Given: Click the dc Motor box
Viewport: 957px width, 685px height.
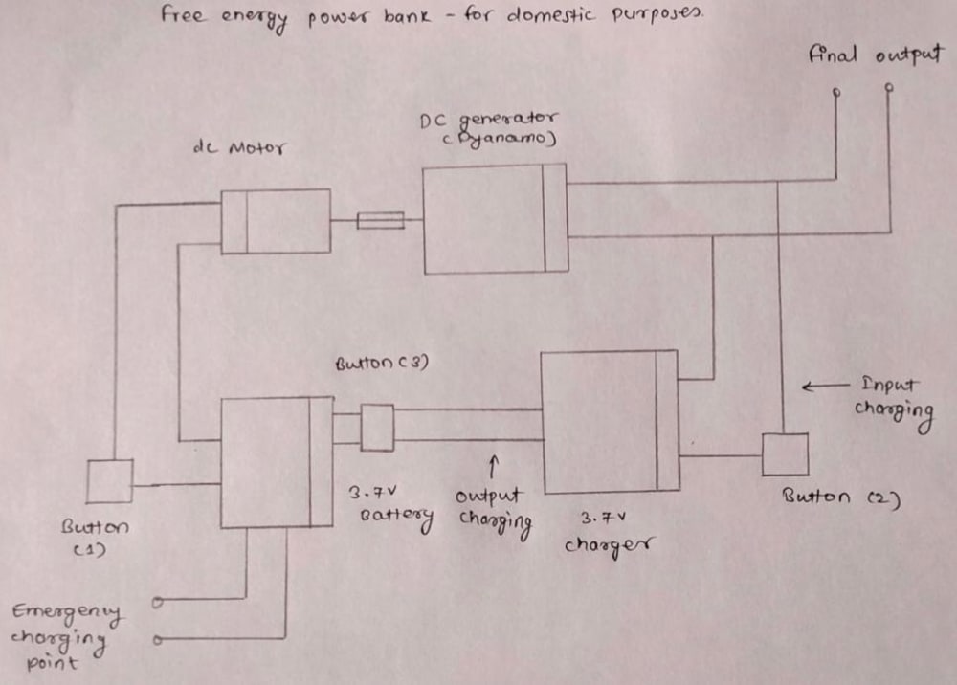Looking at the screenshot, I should click(276, 221).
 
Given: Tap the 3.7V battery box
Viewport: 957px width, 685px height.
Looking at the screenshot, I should click(277, 463).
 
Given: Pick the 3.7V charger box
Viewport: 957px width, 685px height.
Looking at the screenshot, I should click(610, 422).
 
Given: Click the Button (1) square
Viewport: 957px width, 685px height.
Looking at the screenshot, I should click(109, 481).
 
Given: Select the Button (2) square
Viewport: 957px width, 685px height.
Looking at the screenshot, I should click(785, 454).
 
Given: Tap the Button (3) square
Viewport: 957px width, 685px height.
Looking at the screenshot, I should click(376, 428).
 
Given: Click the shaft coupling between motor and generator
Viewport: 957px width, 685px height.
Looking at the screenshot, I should click(380, 221).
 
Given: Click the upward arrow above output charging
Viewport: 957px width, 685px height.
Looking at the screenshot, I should click(494, 466).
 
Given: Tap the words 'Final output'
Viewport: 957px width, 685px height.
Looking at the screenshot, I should click(876, 55).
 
